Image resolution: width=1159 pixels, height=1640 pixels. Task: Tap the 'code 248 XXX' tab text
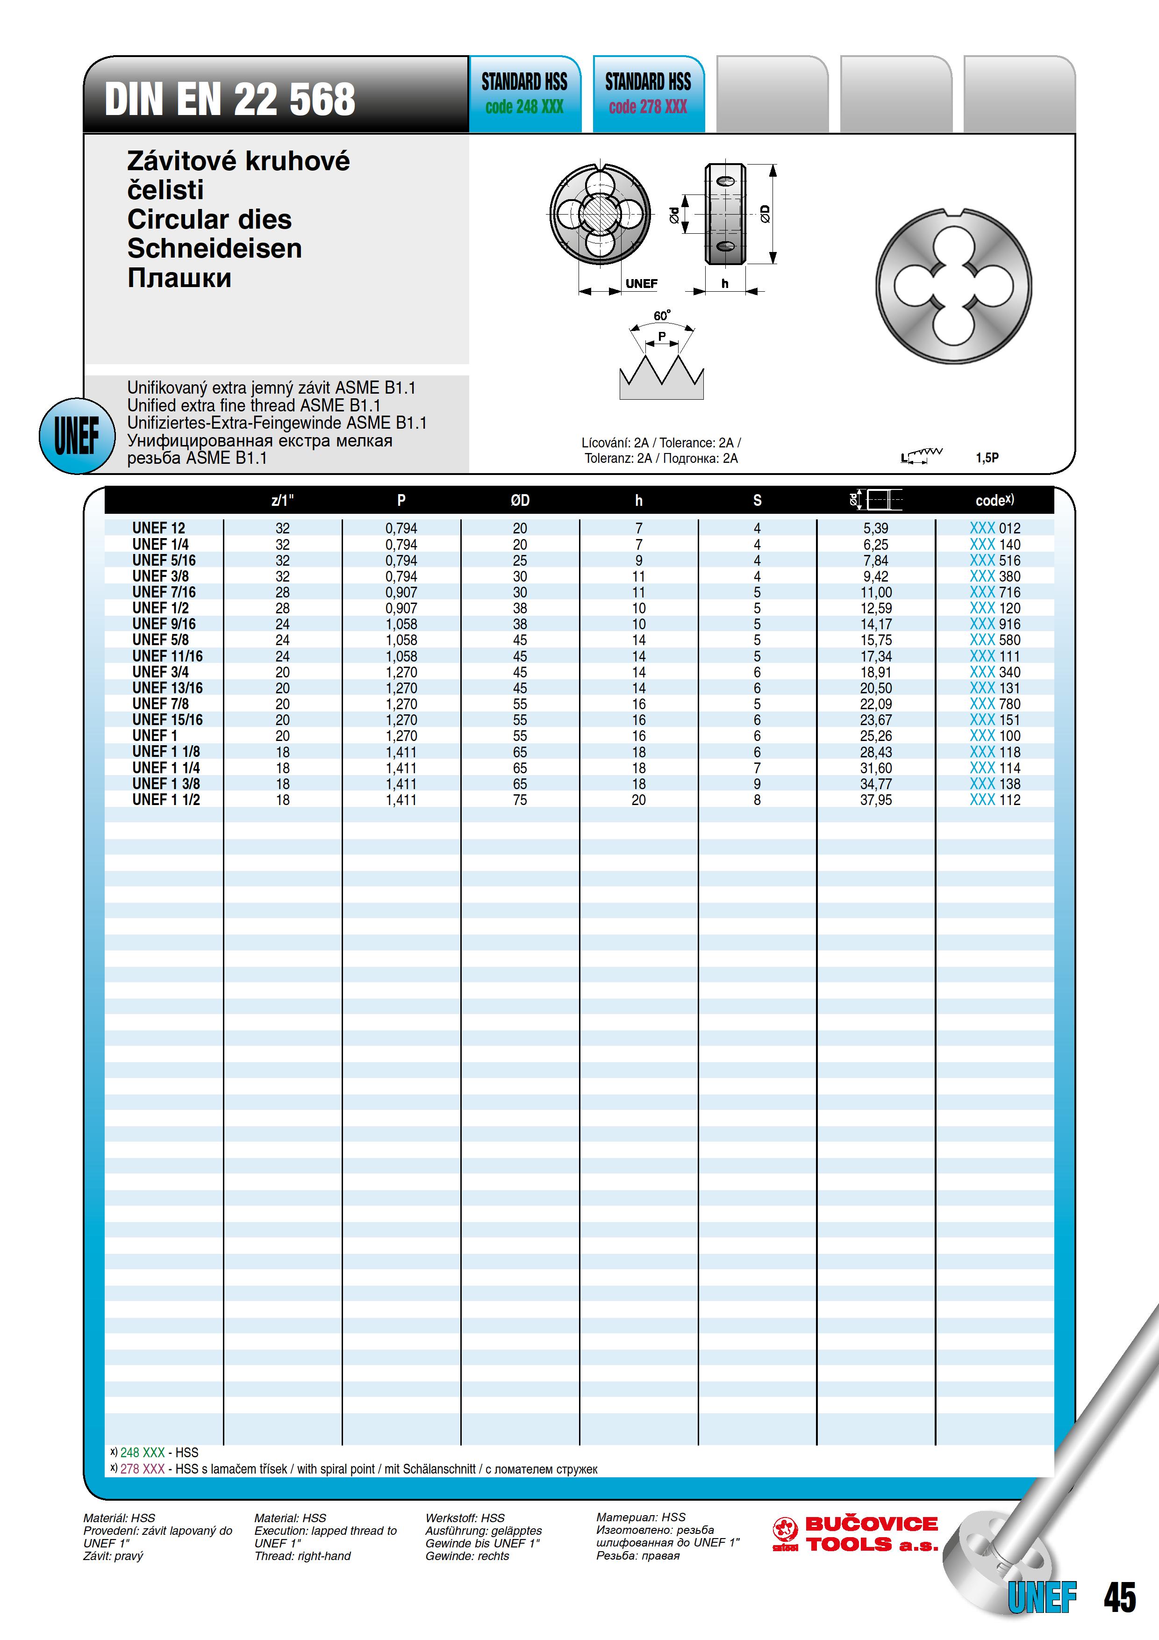pos(524,107)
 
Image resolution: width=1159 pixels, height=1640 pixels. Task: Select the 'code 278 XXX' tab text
pos(648,107)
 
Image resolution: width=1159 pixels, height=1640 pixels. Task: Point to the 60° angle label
pos(662,316)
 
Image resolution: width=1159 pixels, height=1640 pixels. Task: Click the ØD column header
pos(520,501)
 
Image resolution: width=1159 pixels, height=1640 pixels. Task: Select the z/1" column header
pos(283,501)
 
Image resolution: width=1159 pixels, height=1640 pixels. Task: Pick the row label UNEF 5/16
pos(164,560)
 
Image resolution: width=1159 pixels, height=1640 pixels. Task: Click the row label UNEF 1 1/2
pos(166,800)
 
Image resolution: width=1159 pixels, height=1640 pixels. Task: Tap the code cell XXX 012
pos(995,529)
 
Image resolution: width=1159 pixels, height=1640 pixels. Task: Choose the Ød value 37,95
pos(875,800)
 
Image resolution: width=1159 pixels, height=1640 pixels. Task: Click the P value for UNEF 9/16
pos(401,624)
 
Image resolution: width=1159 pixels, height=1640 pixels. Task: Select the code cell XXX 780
pos(995,704)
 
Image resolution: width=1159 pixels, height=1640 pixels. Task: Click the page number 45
pos(1119,1597)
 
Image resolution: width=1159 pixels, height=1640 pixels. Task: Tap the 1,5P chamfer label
pos(987,458)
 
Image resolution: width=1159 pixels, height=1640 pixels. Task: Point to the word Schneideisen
pos(214,249)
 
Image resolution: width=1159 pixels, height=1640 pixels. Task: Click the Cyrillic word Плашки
pos(179,278)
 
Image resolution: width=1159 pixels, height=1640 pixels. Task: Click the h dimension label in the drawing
pos(725,284)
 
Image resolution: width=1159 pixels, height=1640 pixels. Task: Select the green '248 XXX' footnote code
pos(142,1452)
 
